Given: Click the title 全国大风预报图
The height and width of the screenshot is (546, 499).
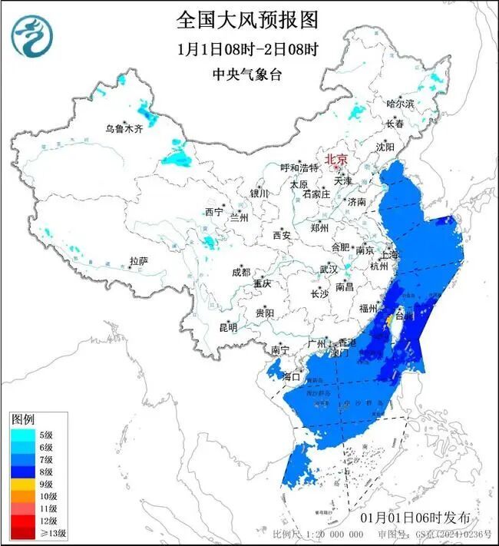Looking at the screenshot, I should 247,18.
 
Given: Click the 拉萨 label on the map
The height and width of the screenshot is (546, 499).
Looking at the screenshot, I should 138,261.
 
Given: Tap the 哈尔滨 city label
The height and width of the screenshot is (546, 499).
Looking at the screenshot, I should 399,103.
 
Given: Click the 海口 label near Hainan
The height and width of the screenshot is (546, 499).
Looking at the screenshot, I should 291,376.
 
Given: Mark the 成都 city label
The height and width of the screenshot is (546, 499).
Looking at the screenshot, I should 240,272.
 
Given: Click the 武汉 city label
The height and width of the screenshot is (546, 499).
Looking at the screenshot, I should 329,270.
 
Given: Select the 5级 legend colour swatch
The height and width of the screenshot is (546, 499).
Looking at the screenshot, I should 21,435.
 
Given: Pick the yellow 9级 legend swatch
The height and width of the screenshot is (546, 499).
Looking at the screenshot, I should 21,484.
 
